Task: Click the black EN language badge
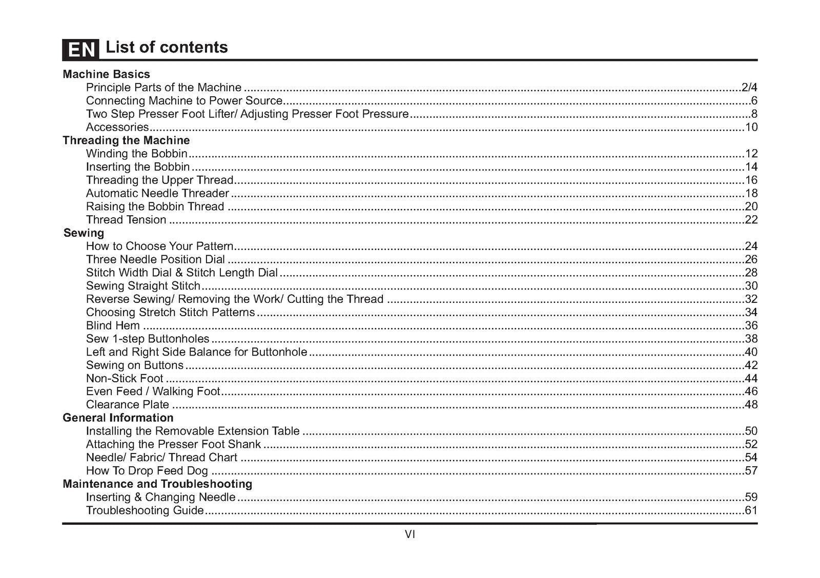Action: pyautogui.click(x=80, y=49)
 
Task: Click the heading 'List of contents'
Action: pyautogui.click(x=167, y=47)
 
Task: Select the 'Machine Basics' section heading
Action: pyautogui.click(x=106, y=74)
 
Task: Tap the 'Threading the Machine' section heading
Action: pyautogui.click(x=126, y=140)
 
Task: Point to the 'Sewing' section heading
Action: pyautogui.click(x=84, y=233)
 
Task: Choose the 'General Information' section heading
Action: pyautogui.click(x=118, y=418)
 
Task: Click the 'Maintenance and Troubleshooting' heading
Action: pyautogui.click(x=157, y=484)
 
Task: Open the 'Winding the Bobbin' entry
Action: pyautogui.click(x=136, y=154)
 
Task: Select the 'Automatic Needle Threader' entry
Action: pyautogui.click(x=157, y=193)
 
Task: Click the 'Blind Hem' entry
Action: pyautogui.click(x=113, y=325)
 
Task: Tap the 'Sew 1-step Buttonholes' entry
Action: pyautogui.click(x=148, y=339)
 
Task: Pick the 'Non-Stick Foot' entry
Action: pyautogui.click(x=125, y=379)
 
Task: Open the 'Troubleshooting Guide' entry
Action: pyautogui.click(x=145, y=510)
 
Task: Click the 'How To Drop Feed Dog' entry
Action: pyautogui.click(x=147, y=471)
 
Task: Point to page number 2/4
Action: pyautogui.click(x=749, y=88)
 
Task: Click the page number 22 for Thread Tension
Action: pyautogui.click(x=751, y=220)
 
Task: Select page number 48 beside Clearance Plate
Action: pyautogui.click(x=751, y=405)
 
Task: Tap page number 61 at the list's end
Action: pyautogui.click(x=751, y=510)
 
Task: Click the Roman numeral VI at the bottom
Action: pyautogui.click(x=410, y=534)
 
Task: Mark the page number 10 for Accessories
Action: pyautogui.click(x=751, y=127)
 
